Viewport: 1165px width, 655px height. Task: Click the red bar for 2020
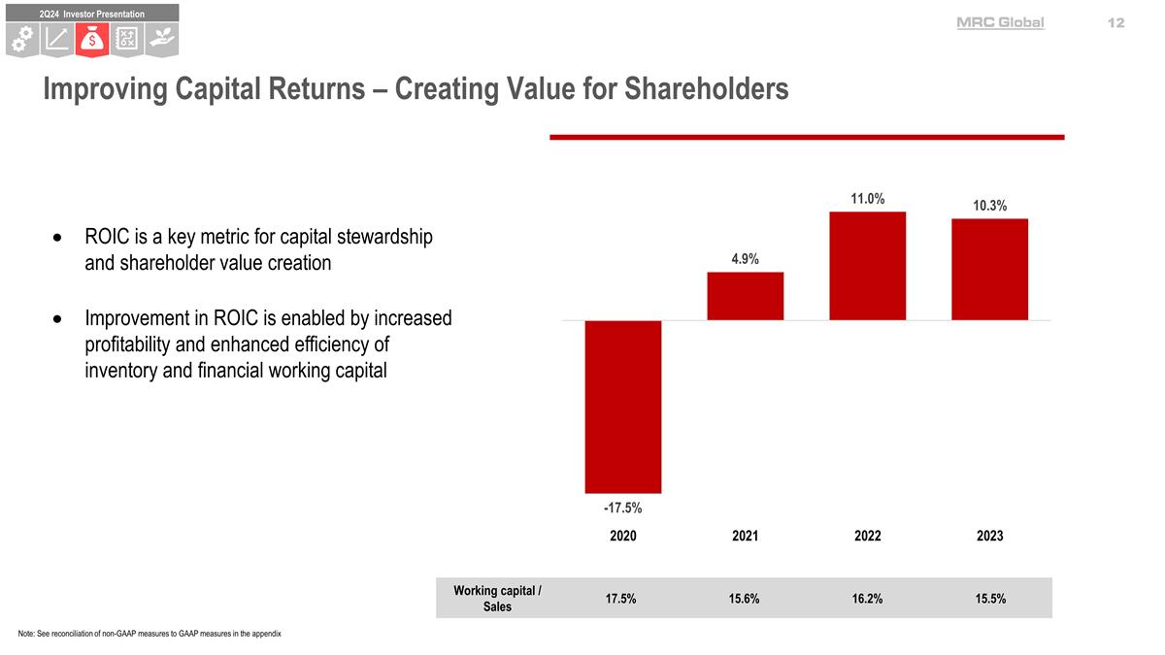622,407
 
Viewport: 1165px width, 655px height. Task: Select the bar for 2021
745,296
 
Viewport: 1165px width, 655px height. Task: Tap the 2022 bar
867,266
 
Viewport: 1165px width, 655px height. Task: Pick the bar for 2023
989,269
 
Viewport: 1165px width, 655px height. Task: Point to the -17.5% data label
622,508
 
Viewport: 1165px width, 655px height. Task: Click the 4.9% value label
745,259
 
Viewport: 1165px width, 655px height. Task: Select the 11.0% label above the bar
867,199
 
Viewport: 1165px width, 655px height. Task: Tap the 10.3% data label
989,206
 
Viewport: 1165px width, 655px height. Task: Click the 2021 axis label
745,536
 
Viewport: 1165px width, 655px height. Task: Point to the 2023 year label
989,536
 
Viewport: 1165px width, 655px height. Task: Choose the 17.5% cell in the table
620,599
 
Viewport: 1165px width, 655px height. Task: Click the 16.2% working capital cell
867,599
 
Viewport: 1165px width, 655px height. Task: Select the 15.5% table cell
990,599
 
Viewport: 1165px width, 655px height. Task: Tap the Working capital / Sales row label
498,599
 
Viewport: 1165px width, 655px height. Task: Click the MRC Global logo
1000,22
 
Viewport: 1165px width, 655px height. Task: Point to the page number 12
1115,22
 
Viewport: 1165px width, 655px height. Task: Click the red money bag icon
90,39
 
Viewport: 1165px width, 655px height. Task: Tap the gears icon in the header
21,39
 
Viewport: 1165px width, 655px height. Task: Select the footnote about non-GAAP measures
150,634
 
